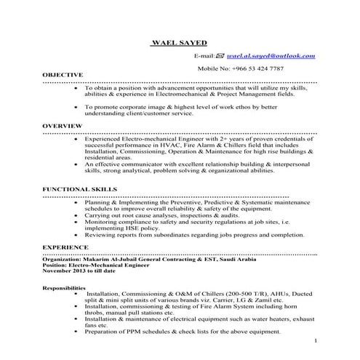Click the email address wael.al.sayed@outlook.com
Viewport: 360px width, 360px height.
(271, 56)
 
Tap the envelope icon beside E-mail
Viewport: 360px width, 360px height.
(220, 56)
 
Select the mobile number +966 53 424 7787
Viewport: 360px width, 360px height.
(258, 68)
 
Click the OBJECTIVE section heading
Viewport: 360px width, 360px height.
(63, 75)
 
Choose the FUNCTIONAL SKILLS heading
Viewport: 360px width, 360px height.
(79, 188)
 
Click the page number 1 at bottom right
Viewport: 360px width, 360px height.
(316, 340)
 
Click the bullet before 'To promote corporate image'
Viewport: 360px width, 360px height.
(77, 107)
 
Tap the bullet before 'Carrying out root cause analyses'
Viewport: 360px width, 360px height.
(77, 216)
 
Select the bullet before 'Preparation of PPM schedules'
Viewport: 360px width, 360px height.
(77, 332)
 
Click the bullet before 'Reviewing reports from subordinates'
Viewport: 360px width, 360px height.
(77, 236)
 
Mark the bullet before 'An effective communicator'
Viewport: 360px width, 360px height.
(77, 164)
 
